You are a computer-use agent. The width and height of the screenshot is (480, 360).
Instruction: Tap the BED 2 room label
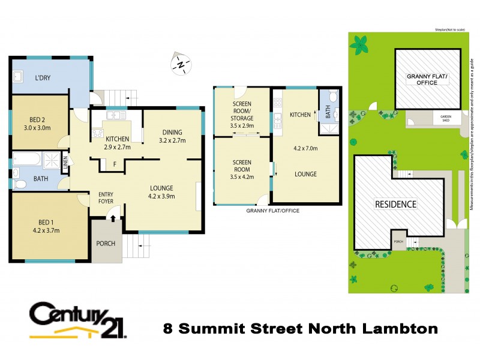pyautogui.click(x=40, y=119)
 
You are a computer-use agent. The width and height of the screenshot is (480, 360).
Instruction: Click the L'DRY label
pyautogui.click(x=43, y=78)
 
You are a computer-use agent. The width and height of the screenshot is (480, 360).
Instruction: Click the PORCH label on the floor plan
pyautogui.click(x=106, y=244)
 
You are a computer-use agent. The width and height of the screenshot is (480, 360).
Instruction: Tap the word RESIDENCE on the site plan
pyautogui.click(x=395, y=204)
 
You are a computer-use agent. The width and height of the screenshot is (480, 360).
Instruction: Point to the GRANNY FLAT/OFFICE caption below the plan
pyautogui.click(x=273, y=211)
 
